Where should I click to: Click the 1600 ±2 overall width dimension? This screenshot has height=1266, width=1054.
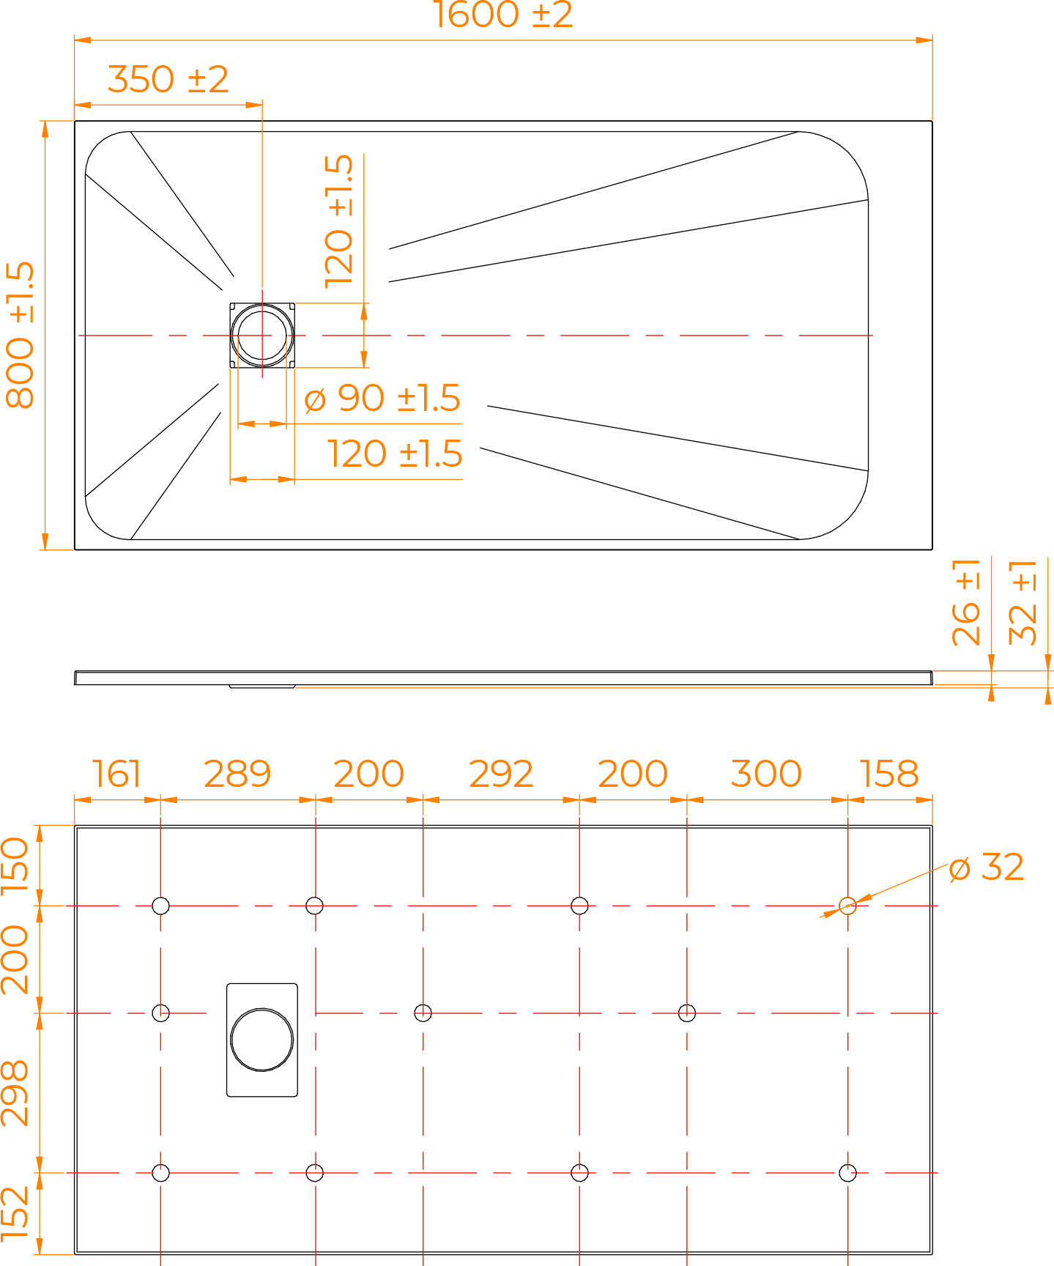click(502, 15)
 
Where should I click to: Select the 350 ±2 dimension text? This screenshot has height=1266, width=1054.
click(168, 79)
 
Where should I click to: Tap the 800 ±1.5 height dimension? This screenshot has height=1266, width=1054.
click(21, 335)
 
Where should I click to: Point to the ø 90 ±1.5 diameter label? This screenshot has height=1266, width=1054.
click(382, 399)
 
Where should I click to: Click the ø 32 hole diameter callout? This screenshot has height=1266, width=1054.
click(986, 867)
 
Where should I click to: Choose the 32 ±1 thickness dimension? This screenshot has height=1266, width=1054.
click(1023, 602)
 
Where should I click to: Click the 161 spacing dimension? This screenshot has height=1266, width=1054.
click(116, 774)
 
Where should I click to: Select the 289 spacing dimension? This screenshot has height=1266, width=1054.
click(237, 774)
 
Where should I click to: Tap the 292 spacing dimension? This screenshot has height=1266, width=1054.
click(501, 774)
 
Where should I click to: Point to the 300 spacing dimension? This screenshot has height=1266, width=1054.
click(766, 774)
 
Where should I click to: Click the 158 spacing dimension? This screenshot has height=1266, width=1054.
click(889, 774)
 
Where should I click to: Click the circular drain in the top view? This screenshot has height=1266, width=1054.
click(262, 336)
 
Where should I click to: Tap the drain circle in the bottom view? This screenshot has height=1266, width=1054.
click(262, 1040)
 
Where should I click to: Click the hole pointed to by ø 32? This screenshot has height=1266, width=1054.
click(847, 906)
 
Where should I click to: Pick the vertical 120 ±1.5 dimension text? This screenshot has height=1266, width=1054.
click(339, 221)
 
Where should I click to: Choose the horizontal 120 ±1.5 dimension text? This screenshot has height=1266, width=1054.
click(394, 454)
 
